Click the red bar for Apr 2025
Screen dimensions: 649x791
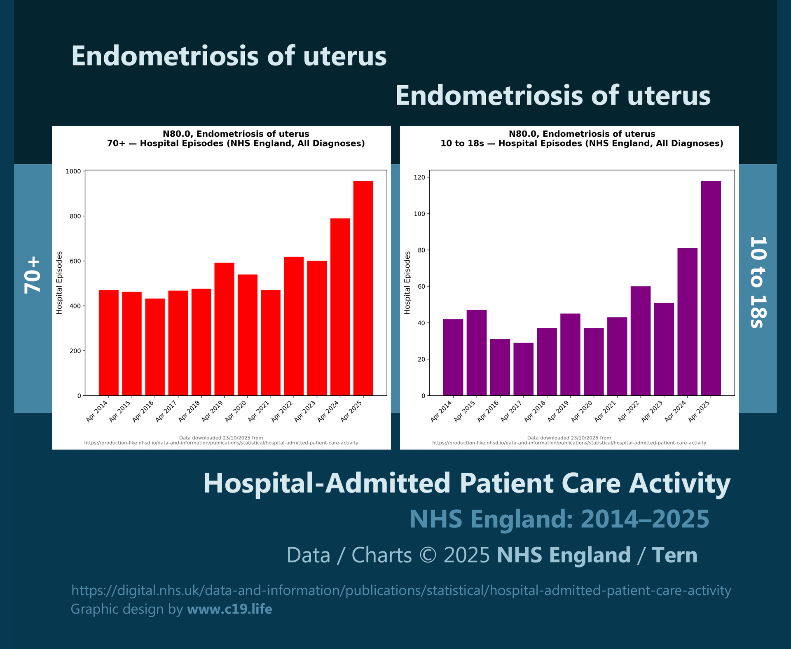coord(363,288)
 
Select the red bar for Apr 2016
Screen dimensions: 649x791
coord(155,347)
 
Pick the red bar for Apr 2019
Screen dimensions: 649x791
coord(224,329)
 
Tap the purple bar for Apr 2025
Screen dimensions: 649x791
coord(711,288)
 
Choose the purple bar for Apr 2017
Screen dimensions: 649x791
coord(523,369)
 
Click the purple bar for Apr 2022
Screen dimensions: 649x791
coord(640,341)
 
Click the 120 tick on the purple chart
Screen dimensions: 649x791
coord(420,177)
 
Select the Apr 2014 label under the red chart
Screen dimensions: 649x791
coord(97,411)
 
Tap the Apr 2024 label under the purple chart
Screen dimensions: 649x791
coord(676,411)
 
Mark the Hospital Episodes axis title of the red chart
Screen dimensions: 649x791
coord(59,283)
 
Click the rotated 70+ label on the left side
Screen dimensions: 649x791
coord(33,275)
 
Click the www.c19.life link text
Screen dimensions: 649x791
coord(229,609)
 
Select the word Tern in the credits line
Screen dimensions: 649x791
coord(674,555)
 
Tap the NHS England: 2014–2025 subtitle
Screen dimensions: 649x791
coord(559,519)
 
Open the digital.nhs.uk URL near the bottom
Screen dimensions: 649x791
coord(401,590)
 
